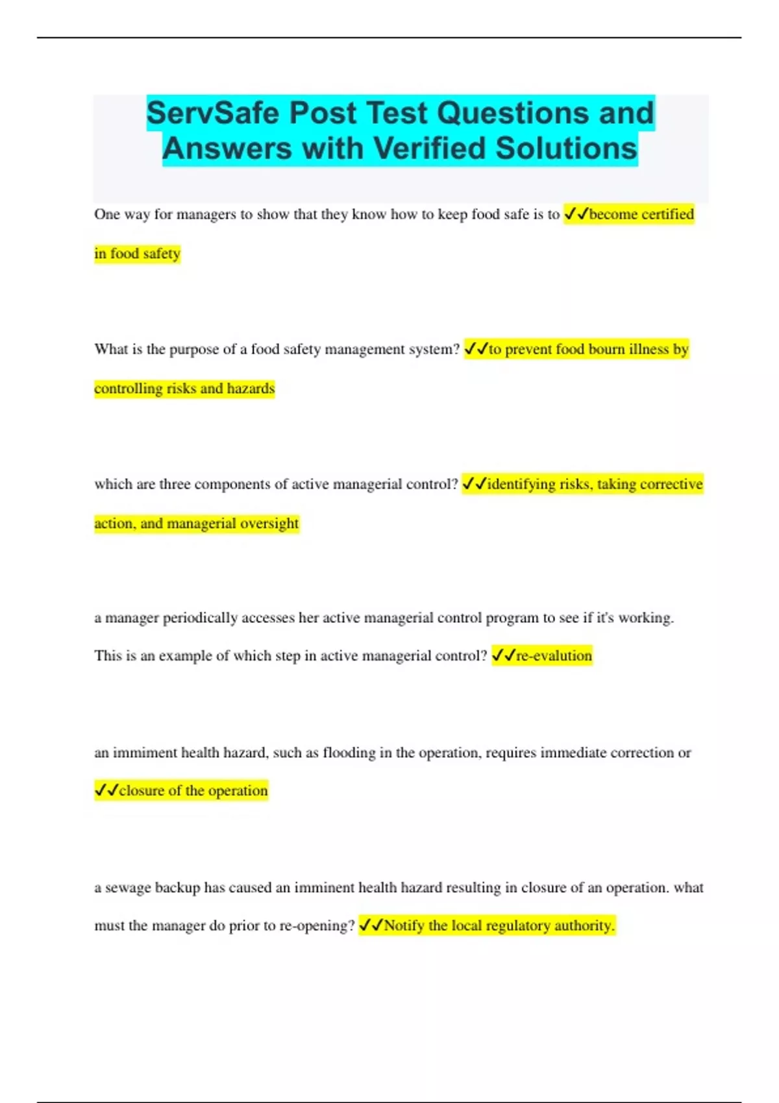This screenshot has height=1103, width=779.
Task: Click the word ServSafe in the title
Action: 214,114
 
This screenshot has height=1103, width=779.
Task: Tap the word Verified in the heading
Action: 429,149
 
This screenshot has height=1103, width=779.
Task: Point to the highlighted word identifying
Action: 521,484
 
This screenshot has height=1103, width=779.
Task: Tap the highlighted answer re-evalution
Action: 554,656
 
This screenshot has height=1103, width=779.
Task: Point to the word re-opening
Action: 317,926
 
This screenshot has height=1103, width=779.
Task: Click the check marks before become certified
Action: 576,213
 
